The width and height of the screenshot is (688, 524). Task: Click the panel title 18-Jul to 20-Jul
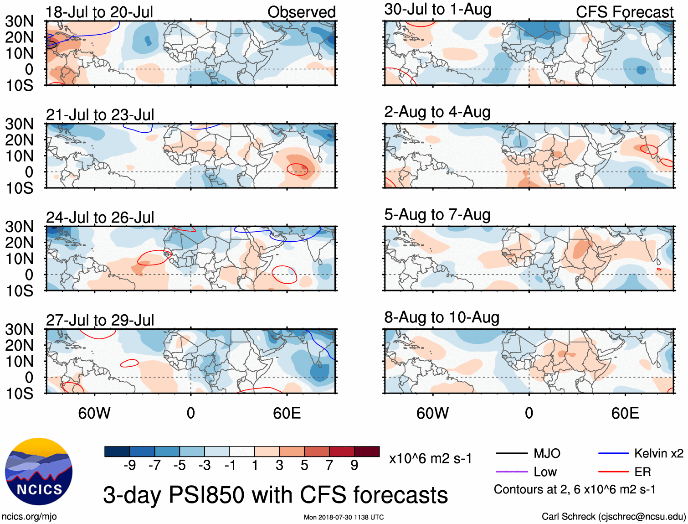click(99, 12)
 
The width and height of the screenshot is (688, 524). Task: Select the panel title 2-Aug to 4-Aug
click(437, 112)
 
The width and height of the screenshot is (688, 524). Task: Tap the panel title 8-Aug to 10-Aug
click(442, 317)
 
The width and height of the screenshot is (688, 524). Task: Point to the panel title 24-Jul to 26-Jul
click(100, 218)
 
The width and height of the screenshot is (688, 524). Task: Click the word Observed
click(301, 12)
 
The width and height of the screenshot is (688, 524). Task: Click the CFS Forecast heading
click(624, 12)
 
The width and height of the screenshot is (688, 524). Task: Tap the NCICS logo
click(39, 472)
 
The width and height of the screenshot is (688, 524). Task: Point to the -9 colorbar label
click(129, 465)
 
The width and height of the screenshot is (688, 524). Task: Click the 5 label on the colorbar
click(304, 465)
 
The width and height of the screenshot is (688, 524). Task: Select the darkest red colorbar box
click(367, 451)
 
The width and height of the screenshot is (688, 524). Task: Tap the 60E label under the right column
click(625, 413)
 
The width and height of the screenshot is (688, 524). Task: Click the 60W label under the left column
click(94, 413)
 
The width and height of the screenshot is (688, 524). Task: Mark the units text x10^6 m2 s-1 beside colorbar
click(430, 459)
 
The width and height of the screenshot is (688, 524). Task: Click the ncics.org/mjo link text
click(29, 517)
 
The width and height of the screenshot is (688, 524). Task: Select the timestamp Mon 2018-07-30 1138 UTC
click(344, 517)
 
